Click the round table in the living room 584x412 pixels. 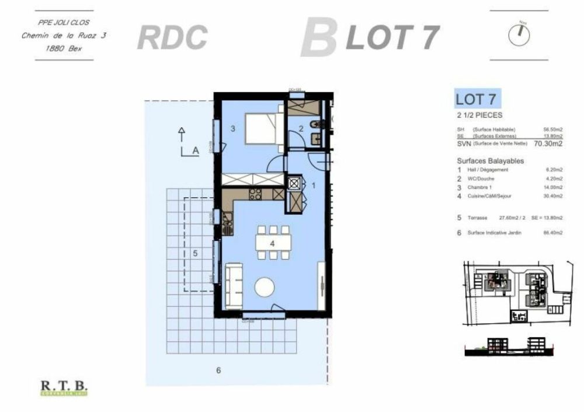tap(265, 287)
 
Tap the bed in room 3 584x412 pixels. tap(261, 128)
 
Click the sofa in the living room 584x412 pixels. tap(234, 285)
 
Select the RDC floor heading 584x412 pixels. tap(172, 37)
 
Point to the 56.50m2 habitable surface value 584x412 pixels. tap(552, 129)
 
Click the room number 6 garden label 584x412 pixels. tap(218, 370)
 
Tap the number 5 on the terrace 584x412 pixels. tap(196, 253)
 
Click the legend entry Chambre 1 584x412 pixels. tap(479, 187)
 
